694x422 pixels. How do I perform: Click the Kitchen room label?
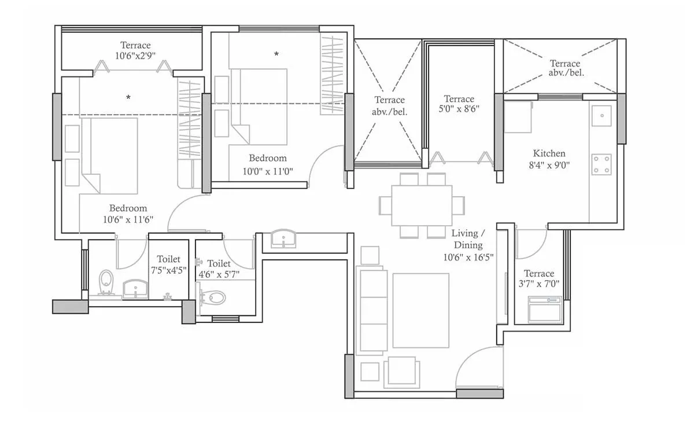pyautogui.click(x=549, y=153)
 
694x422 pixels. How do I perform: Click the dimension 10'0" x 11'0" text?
pyautogui.click(x=268, y=171)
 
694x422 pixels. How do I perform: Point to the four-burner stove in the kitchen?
pyautogui.click(x=601, y=164)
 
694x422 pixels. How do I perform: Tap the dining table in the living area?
pyautogui.click(x=422, y=206)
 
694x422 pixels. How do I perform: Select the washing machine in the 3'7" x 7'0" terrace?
pyautogui.click(x=544, y=310)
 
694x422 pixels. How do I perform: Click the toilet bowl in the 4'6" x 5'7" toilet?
pyautogui.click(x=213, y=298)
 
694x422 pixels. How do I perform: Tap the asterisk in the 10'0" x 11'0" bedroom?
pyautogui.click(x=276, y=54)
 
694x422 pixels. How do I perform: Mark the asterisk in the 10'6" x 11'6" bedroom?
pyautogui.click(x=128, y=98)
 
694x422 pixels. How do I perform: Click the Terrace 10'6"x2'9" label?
pyautogui.click(x=136, y=50)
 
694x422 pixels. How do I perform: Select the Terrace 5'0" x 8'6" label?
pyautogui.click(x=459, y=104)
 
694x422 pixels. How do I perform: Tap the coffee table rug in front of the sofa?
pyautogui.click(x=421, y=310)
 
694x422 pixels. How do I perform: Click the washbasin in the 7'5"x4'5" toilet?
pyautogui.click(x=136, y=288)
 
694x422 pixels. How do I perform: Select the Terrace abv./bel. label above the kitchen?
pyautogui.click(x=565, y=68)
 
